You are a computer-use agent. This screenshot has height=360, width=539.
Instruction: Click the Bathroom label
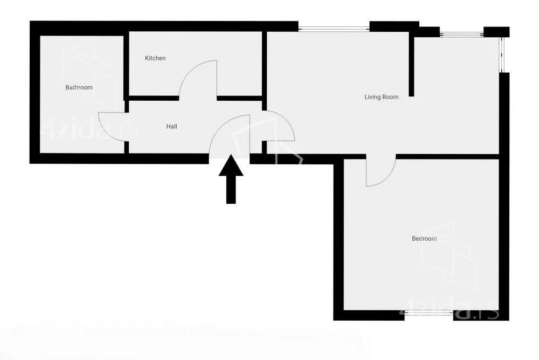coord(79,87)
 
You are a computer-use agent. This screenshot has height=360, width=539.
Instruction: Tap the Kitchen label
coord(155,58)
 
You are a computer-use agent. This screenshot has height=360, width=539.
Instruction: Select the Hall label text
coord(171,127)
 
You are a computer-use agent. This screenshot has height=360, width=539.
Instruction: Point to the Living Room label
coord(381,97)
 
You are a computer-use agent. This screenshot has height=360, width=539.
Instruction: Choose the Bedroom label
coord(424,238)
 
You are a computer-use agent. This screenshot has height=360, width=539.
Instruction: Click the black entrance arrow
coord(231,179)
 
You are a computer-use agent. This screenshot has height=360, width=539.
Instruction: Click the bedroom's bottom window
coord(429,313)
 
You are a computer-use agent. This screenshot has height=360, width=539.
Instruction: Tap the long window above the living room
coord(334,29)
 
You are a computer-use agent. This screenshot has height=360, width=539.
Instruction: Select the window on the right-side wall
coord(501,54)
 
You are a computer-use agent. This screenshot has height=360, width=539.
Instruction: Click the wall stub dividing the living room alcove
coord(411,64)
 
